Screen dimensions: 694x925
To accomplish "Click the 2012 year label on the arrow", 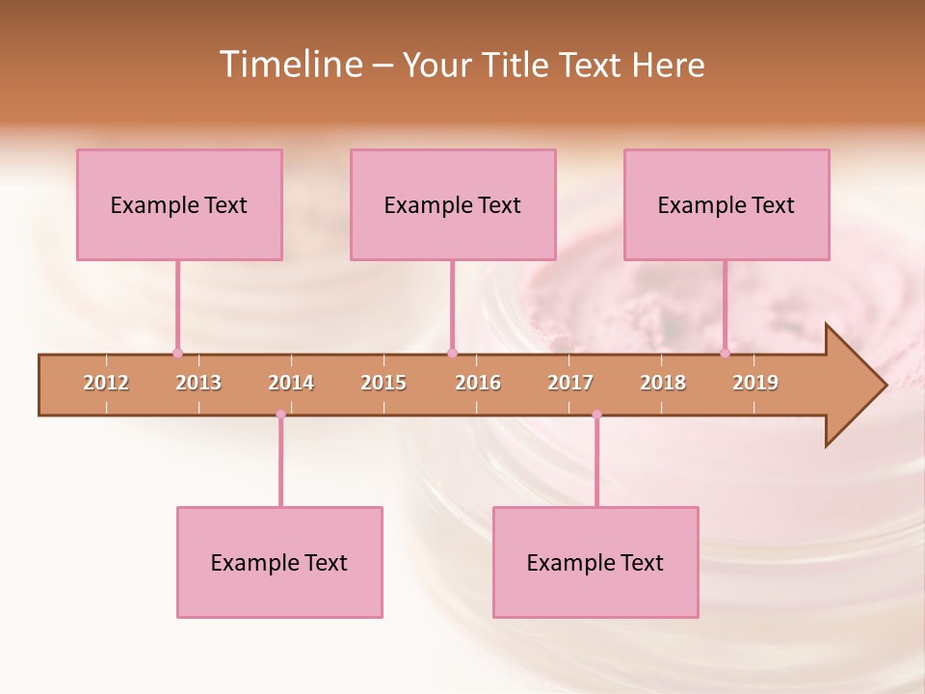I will click(x=106, y=383).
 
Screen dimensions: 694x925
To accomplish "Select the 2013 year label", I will click(x=198, y=383).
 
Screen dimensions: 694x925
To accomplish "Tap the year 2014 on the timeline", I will click(x=291, y=383).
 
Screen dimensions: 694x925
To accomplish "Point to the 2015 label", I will click(x=383, y=383).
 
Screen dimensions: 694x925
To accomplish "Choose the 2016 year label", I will click(x=478, y=383).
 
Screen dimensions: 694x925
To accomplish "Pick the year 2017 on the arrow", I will click(x=570, y=383).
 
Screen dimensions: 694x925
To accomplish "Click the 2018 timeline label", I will click(x=663, y=383).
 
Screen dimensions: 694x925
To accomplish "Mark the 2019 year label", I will click(x=755, y=383).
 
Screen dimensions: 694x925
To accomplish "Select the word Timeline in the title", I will click(x=289, y=65).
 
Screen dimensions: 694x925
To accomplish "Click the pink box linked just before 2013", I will click(x=179, y=204).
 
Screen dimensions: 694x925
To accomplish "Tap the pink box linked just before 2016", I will click(x=453, y=204).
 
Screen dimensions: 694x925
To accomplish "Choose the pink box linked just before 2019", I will click(x=727, y=204).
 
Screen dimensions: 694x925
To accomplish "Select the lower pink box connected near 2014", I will click(x=279, y=562).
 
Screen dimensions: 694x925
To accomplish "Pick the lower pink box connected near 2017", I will click(x=595, y=562).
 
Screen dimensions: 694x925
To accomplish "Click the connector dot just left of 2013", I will click(x=177, y=353).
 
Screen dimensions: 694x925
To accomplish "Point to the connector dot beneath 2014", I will click(x=280, y=414).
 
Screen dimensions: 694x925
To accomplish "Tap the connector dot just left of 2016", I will click(x=452, y=353).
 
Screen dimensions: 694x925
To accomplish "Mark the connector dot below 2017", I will click(x=596, y=414).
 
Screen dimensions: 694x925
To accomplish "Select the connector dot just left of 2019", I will click(x=725, y=353).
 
